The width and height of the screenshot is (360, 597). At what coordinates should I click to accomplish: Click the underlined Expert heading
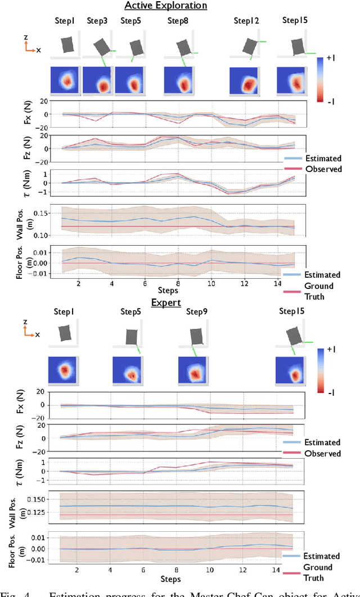166,302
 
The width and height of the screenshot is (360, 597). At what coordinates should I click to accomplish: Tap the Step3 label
97,21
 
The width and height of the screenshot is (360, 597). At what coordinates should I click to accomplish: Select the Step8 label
177,21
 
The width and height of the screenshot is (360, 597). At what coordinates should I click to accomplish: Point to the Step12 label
246,21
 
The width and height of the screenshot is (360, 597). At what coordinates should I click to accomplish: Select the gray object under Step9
196,336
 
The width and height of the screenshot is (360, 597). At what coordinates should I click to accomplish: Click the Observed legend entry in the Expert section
323,453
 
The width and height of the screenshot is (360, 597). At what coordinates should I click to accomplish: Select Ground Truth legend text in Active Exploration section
318,291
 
